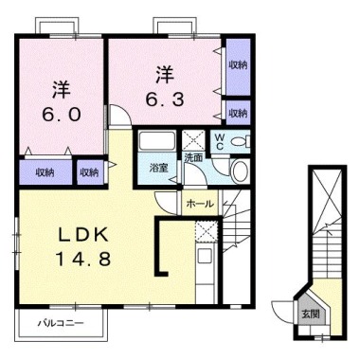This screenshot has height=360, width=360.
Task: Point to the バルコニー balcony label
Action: [x=59, y=324]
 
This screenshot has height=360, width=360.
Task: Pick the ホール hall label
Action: [x=198, y=204]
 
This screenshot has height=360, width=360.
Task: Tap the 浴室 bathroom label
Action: [x=158, y=169]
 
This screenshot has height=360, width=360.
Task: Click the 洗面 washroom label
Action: [x=193, y=157]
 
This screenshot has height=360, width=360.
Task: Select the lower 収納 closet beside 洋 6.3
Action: [x=237, y=113]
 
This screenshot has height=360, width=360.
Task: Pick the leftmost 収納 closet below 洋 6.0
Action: [x=44, y=172]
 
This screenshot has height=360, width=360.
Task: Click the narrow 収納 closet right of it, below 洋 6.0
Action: [x=88, y=172]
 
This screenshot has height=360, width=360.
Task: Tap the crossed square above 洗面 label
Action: [x=191, y=138]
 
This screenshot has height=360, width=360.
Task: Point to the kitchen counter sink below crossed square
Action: [x=205, y=258]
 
